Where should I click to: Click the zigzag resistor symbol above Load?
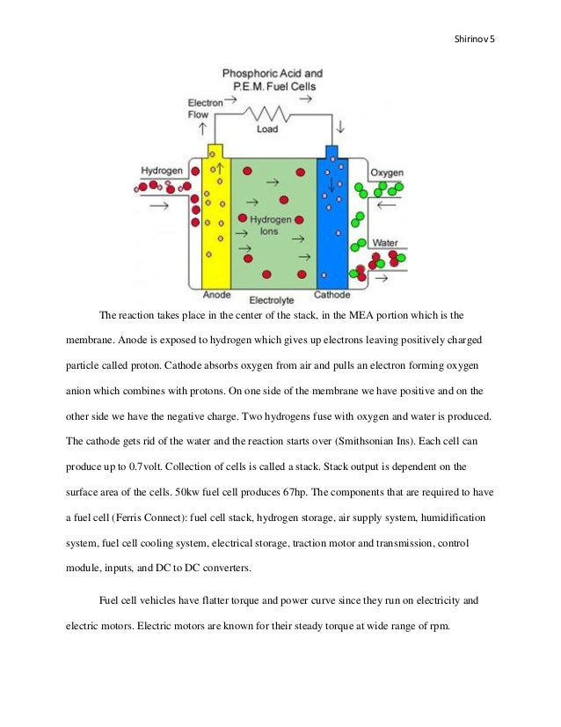click(x=267, y=114)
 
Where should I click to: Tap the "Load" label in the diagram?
click(x=267, y=129)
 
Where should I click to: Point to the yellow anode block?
click(x=215, y=220)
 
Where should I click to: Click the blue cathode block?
click(x=332, y=220)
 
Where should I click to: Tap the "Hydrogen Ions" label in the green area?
click(x=265, y=224)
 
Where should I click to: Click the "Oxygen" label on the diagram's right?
click(x=387, y=173)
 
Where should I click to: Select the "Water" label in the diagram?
click(x=385, y=242)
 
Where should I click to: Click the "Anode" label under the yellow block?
click(x=216, y=295)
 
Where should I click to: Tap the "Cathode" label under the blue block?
click(x=332, y=295)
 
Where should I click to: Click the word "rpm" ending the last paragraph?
click(x=438, y=628)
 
